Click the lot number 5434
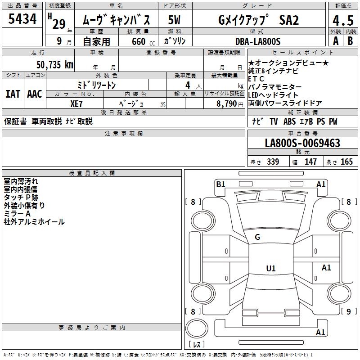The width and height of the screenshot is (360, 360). point(22,19)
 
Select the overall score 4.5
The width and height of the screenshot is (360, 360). point(342,21)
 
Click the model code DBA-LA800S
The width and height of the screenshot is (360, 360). point(257,41)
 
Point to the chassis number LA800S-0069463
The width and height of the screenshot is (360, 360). point(302,144)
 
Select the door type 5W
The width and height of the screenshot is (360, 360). point(174,20)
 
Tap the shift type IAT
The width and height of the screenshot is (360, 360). point(13,94)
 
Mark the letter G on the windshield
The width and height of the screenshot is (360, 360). point(257,237)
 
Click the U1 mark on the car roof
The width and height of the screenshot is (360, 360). point(270,269)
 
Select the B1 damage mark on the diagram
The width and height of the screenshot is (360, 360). point(220,184)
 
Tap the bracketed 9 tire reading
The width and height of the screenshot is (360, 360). point(347,311)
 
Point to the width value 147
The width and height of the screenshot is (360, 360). point(310,162)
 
